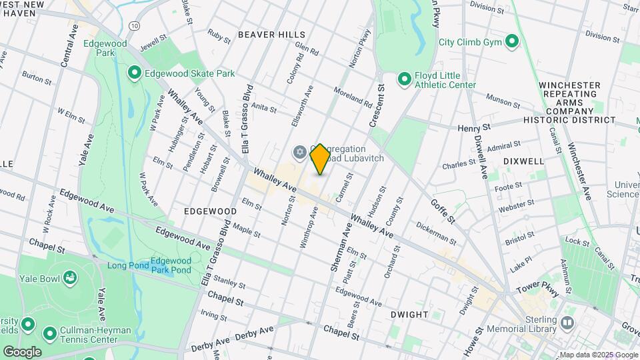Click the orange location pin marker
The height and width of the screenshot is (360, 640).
(x=320, y=159)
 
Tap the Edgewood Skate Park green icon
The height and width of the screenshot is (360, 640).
(x=135, y=72)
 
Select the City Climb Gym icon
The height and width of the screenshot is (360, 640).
(x=512, y=42)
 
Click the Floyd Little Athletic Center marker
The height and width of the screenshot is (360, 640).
(x=404, y=80)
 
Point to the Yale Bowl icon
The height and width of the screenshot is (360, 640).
(x=69, y=277)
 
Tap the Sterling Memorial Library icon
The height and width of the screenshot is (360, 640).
(x=567, y=323)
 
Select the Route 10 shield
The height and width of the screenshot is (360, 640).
(x=135, y=25)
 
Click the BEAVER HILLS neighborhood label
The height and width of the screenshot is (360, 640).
(x=271, y=34)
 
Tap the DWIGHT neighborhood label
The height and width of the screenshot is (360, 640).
(x=409, y=314)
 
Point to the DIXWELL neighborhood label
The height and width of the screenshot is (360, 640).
(x=523, y=161)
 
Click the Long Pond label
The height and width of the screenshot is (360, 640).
(x=126, y=265)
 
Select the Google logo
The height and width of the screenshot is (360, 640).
(x=22, y=351)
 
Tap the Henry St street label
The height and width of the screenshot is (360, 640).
(x=474, y=127)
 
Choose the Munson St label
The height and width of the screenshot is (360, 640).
(x=503, y=100)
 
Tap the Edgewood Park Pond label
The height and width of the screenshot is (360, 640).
(x=171, y=265)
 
